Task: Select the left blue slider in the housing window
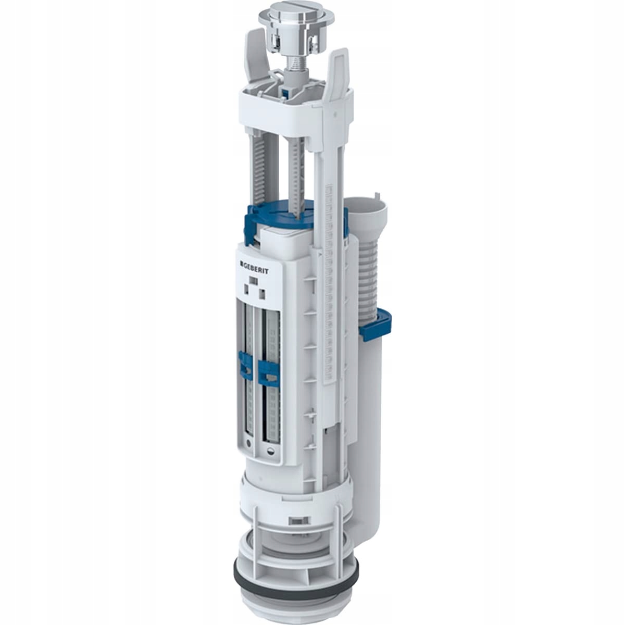tap(242, 365)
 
